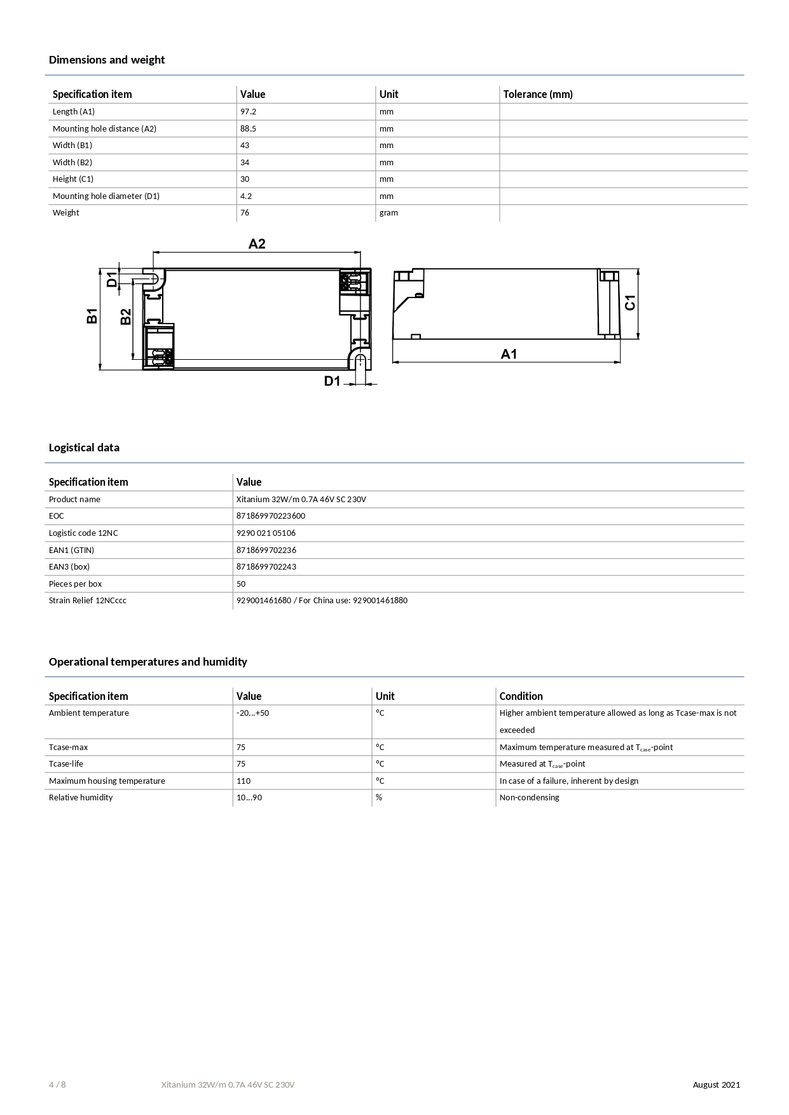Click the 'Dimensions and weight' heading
pyautogui.click(x=107, y=60)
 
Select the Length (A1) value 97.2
pyautogui.click(x=248, y=111)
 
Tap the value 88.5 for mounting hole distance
pyautogui.click(x=248, y=128)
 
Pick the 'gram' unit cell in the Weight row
pyautogui.click(x=388, y=212)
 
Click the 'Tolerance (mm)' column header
pyautogui.click(x=538, y=94)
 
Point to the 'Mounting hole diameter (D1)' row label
pyautogui.click(x=106, y=196)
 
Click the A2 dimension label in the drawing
pyautogui.click(x=257, y=244)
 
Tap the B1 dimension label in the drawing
pyautogui.click(x=93, y=315)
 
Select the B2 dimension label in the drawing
pyautogui.click(x=126, y=317)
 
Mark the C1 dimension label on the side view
pyautogui.click(x=629, y=303)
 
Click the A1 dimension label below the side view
pyautogui.click(x=509, y=354)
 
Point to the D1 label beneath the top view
pyautogui.click(x=333, y=381)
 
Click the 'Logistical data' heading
pyautogui.click(x=84, y=448)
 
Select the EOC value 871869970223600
pyautogui.click(x=271, y=516)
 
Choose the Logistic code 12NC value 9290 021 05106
pyautogui.click(x=266, y=533)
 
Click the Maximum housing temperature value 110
pyautogui.click(x=244, y=781)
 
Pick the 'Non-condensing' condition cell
pyautogui.click(x=529, y=797)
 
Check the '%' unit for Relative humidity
pyautogui.click(x=379, y=797)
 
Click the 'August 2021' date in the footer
pyautogui.click(x=716, y=1084)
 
